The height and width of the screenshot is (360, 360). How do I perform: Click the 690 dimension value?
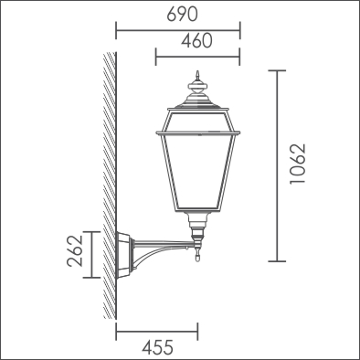pyautogui.click(x=182, y=15)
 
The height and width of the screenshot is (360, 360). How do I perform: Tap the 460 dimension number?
pyautogui.click(x=196, y=41)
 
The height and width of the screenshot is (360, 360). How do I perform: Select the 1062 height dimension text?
pyautogui.click(x=297, y=164)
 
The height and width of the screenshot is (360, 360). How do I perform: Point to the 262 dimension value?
pyautogui.click(x=75, y=251)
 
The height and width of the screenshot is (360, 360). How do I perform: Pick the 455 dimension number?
pyautogui.click(x=158, y=347)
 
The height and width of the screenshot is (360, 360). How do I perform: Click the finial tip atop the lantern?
pyautogui.click(x=198, y=72)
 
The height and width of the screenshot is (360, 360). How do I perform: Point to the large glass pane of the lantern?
pyautogui.click(x=198, y=172)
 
